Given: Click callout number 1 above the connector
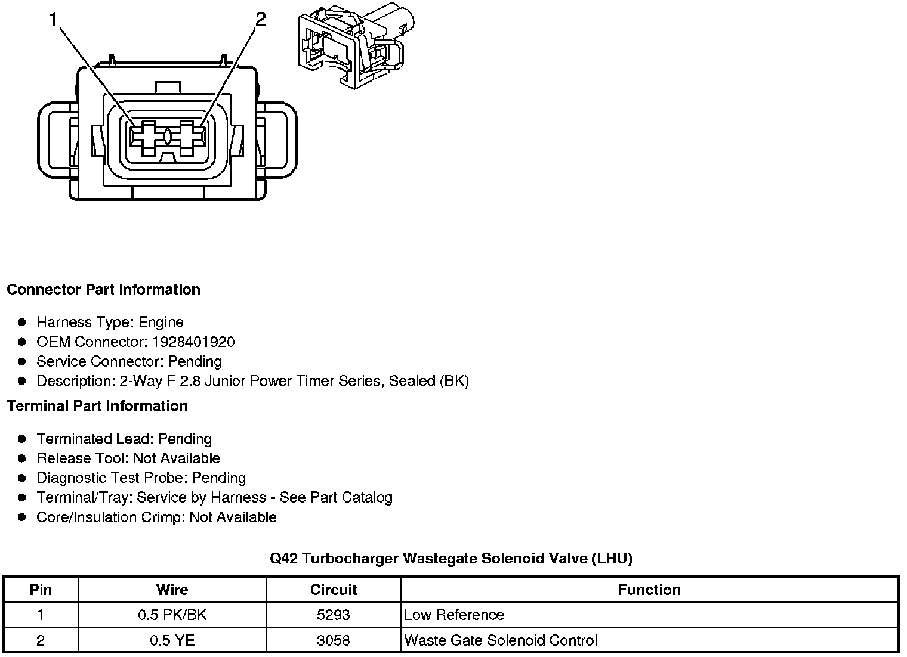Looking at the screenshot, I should tap(54, 20).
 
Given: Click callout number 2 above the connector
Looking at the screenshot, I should tap(260, 20).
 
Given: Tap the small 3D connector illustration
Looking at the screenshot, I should tap(356, 45).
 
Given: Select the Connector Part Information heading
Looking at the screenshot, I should tap(103, 290).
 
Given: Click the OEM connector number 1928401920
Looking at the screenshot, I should tap(194, 342).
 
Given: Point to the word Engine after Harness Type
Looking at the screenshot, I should tap(161, 323).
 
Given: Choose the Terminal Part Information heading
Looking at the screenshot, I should tap(97, 406).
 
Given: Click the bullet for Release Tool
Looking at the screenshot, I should tap(22, 458).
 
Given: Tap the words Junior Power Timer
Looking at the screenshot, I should tap(267, 381).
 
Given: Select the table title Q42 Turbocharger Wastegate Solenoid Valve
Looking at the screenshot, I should tap(451, 559).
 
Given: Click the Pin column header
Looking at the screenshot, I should tap(41, 590).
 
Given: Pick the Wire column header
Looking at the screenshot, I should tap(172, 590).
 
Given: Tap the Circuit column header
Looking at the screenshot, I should tap(333, 590).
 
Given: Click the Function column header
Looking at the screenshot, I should tap(649, 590).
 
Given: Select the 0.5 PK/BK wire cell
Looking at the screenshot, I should tap(172, 615).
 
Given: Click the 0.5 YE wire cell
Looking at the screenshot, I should tap(172, 641).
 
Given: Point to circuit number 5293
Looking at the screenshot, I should tap(333, 615).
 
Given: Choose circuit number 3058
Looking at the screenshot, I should tap(333, 641).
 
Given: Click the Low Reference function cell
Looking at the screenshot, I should tap(454, 615).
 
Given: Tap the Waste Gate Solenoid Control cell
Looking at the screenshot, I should tap(500, 641).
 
